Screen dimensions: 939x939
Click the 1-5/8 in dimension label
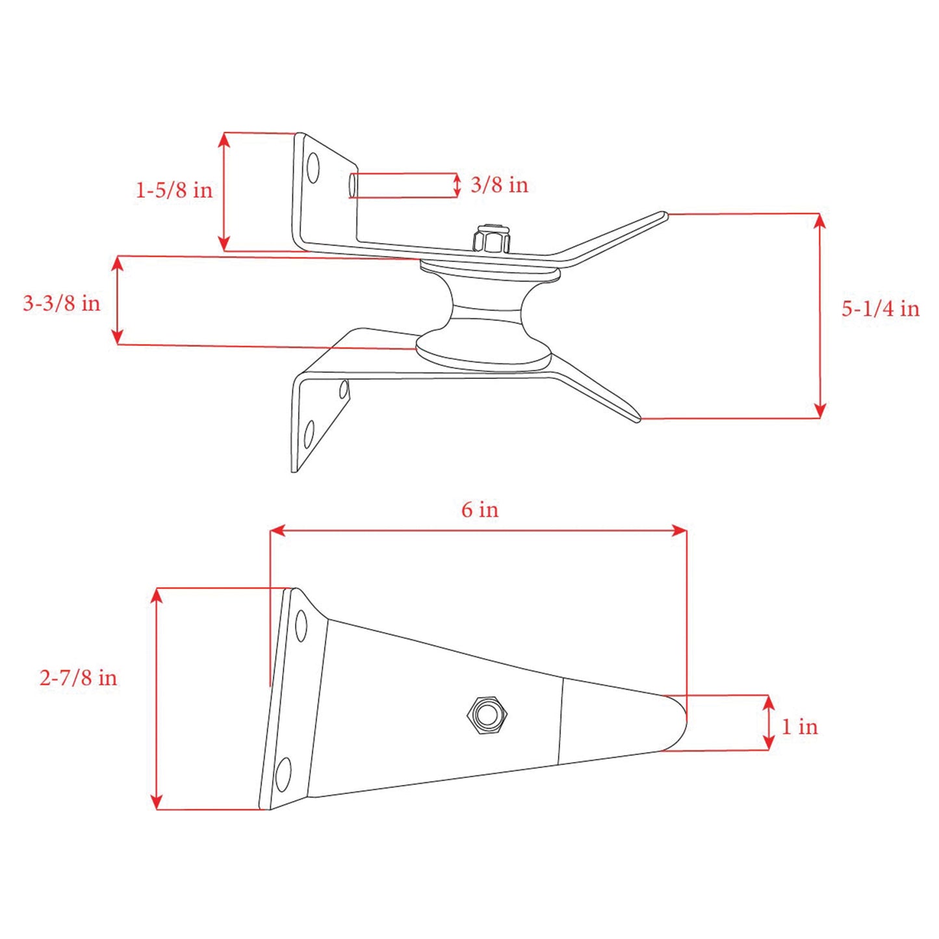pyautogui.click(x=174, y=190)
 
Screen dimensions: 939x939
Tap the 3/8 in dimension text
pyautogui.click(x=498, y=185)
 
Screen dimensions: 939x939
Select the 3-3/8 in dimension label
pyautogui.click(x=62, y=303)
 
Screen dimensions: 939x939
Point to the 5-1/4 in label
pyautogui.click(x=880, y=309)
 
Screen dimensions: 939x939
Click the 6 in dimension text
pyautogui.click(x=480, y=509)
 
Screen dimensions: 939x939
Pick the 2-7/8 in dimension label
pyautogui.click(x=78, y=678)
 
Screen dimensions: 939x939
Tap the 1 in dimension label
pyautogui.click(x=799, y=727)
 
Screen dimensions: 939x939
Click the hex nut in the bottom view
pyautogui.click(x=487, y=715)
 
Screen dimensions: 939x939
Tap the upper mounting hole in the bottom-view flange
pyautogui.click(x=301, y=626)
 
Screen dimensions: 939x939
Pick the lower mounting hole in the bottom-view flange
pyautogui.click(x=283, y=774)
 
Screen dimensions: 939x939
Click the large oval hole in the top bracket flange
pyautogui.click(x=313, y=168)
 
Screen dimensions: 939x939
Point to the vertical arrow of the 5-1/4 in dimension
pyautogui.click(x=819, y=316)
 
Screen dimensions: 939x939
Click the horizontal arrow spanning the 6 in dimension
pyautogui.click(x=478, y=531)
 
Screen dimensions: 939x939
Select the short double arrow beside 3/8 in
pyautogui.click(x=457, y=185)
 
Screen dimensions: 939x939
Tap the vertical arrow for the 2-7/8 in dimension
pyautogui.click(x=156, y=699)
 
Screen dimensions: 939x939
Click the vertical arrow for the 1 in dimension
pyautogui.click(x=769, y=723)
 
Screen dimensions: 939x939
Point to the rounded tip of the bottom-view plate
pyautogui.click(x=679, y=721)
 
